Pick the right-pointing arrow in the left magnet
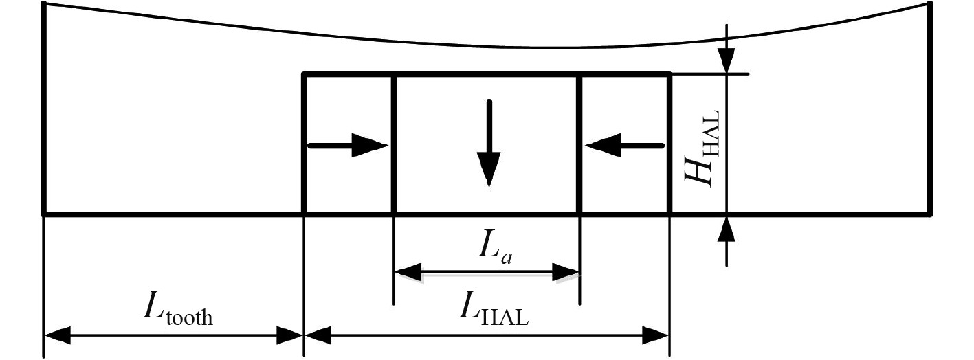(x=348, y=146)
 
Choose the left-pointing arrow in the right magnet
(x=623, y=146)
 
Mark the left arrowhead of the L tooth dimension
(x=58, y=336)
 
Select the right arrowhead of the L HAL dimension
(x=656, y=336)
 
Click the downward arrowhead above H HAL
(x=727, y=59)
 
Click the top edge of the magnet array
(x=487, y=74)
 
